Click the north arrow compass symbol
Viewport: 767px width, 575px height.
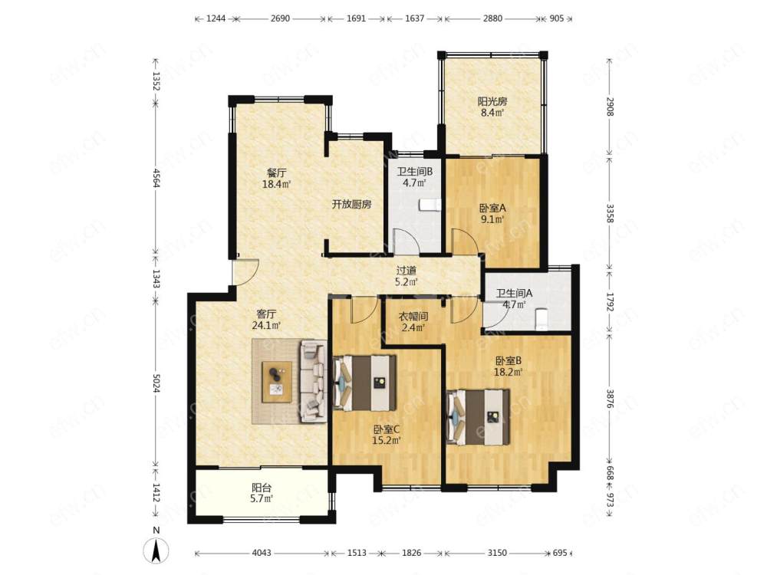tap(156, 551)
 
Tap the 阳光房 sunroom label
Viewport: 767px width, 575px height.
tap(492, 102)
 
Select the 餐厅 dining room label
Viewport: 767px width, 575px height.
tap(276, 172)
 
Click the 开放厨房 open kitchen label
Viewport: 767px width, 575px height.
tap(352, 205)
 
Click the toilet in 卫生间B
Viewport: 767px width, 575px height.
tap(430, 205)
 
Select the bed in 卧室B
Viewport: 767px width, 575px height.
tap(479, 417)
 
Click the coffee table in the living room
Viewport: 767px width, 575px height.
tap(277, 383)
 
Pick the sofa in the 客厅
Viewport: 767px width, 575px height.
tap(314, 381)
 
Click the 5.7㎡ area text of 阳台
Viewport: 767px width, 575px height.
tap(262, 499)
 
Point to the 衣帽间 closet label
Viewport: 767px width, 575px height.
tap(413, 317)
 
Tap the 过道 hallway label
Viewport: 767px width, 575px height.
tap(406, 271)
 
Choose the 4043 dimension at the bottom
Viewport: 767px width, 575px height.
tap(262, 553)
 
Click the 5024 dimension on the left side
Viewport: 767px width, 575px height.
tap(156, 383)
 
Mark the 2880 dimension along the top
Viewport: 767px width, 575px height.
tap(492, 18)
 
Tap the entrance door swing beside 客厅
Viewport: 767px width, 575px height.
tap(245, 272)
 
